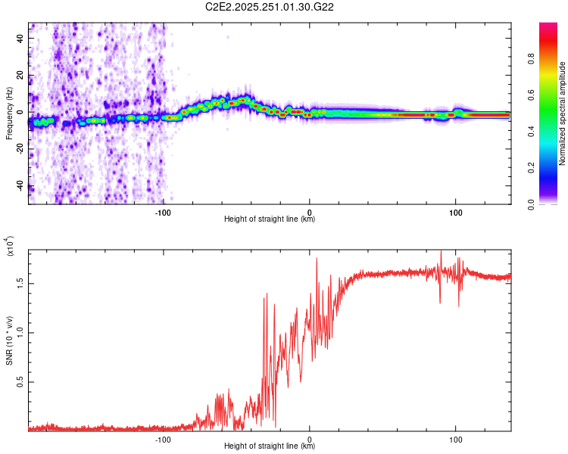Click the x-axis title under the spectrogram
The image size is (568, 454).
pyautogui.click(x=270, y=219)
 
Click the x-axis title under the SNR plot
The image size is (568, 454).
pyautogui.click(x=270, y=446)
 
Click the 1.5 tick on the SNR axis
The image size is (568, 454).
pyautogui.click(x=20, y=283)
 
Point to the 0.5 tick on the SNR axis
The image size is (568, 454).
pyautogui.click(x=20, y=383)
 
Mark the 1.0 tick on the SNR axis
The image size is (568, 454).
pyautogui.click(x=20, y=333)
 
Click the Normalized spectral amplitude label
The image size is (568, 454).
pyautogui.click(x=563, y=113)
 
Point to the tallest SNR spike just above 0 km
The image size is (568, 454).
pyautogui.click(x=317, y=259)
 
